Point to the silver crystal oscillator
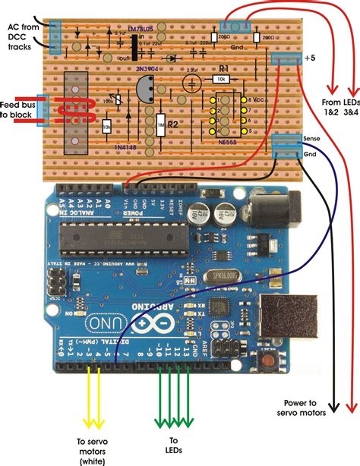tap(219, 276)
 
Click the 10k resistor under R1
tap(221, 79)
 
